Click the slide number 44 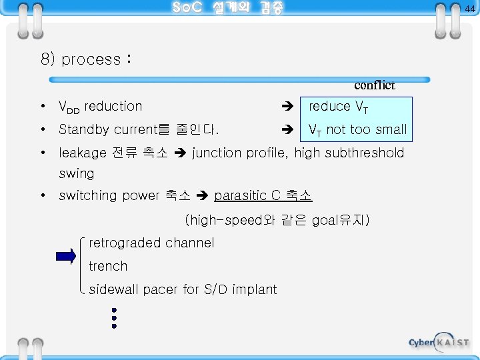click(470, 8)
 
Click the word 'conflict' click(375, 85)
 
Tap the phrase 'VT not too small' click(357, 129)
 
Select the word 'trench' click(108, 266)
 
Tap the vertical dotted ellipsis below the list click(115, 318)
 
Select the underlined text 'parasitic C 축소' click(263, 196)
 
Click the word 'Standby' click(83, 129)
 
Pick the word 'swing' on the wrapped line click(77, 173)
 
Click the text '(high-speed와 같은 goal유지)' click(277, 219)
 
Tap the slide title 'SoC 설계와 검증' click(227, 8)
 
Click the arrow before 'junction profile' click(181, 153)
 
